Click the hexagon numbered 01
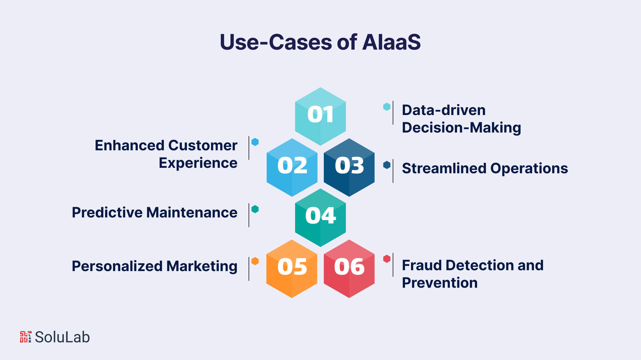[320, 116]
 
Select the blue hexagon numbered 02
[292, 167]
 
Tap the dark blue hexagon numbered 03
[349, 167]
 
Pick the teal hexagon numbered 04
[320, 217]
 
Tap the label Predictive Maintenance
[154, 213]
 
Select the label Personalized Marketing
[154, 266]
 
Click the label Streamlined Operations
[485, 168]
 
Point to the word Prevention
[439, 283]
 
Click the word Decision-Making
[461, 128]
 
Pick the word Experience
[198, 163]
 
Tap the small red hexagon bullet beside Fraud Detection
[387, 259]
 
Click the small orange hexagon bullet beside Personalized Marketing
[255, 261]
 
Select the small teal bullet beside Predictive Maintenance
[255, 209]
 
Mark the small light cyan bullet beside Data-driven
[387, 107]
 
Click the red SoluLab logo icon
[26, 337]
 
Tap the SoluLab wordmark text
[62, 337]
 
